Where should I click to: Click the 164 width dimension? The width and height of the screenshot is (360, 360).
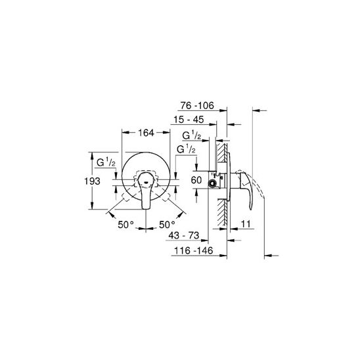[x=146, y=133]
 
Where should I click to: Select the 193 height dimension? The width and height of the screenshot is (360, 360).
[x=92, y=181]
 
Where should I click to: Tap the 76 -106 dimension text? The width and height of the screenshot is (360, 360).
[x=197, y=105]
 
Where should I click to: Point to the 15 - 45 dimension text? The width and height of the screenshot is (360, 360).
[x=189, y=120]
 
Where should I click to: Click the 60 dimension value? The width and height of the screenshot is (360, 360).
[x=196, y=180]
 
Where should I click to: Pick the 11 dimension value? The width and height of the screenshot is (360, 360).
[x=246, y=223]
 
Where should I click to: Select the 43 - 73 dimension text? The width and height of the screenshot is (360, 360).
[x=184, y=235]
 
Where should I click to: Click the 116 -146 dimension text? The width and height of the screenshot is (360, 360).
[x=194, y=250]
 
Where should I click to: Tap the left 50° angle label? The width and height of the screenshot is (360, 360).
[x=125, y=225]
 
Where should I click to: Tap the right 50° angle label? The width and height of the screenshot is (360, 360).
[x=167, y=225]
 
